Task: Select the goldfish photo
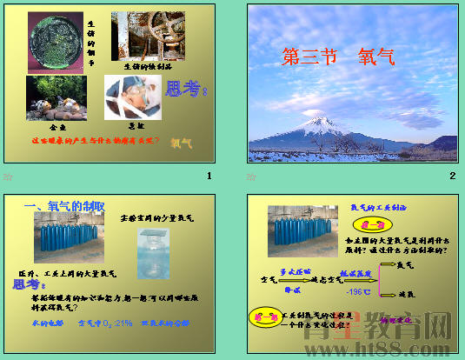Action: coord(56,97)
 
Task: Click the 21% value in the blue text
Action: coord(123,323)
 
